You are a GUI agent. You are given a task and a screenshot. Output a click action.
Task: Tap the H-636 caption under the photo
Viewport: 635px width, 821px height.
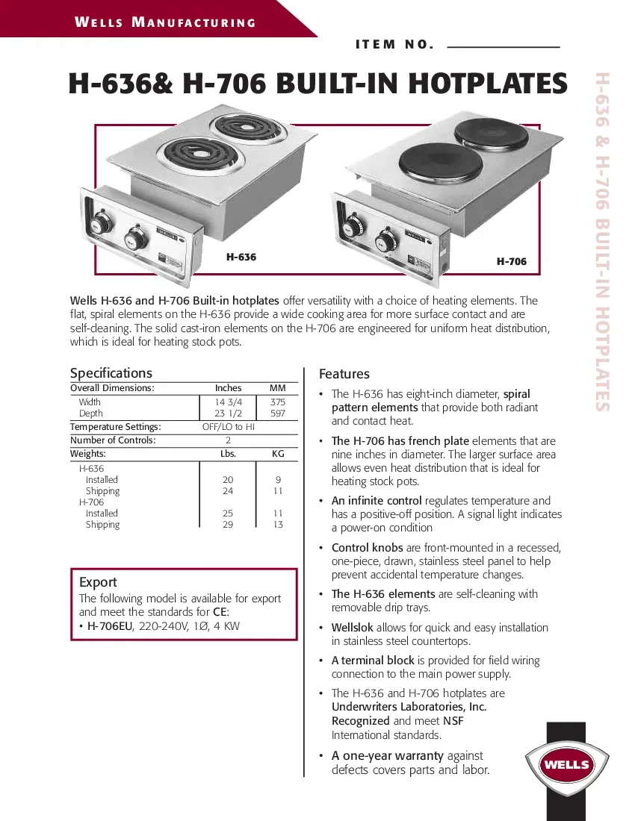241,257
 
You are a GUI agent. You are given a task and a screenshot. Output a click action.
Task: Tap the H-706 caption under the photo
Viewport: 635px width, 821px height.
512,261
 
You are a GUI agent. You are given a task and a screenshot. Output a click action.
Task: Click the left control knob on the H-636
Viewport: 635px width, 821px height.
100,225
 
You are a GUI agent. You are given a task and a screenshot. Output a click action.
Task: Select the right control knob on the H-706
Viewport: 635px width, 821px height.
389,243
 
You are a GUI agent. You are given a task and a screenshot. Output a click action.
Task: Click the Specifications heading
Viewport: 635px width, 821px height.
111,373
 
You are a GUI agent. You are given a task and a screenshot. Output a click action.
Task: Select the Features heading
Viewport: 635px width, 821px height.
344,374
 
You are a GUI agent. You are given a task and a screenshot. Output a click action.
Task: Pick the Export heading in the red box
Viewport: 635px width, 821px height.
98,582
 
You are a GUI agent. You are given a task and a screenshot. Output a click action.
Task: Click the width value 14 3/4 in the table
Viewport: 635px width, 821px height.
228,402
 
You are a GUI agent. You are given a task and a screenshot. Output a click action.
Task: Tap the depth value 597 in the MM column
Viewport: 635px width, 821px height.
277,413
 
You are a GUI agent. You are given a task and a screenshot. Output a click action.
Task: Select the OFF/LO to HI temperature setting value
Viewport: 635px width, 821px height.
229,427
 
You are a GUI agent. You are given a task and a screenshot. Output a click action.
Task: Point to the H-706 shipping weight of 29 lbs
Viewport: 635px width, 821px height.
228,525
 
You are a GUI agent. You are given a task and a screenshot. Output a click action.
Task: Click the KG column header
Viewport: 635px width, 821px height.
277,454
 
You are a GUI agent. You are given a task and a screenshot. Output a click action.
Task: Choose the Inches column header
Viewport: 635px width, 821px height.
228,388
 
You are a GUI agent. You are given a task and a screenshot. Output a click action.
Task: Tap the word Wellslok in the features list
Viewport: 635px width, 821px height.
352,628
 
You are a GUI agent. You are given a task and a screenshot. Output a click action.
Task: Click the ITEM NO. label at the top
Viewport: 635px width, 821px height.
394,44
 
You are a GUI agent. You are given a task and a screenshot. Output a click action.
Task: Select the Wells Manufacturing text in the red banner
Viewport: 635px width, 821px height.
165,22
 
